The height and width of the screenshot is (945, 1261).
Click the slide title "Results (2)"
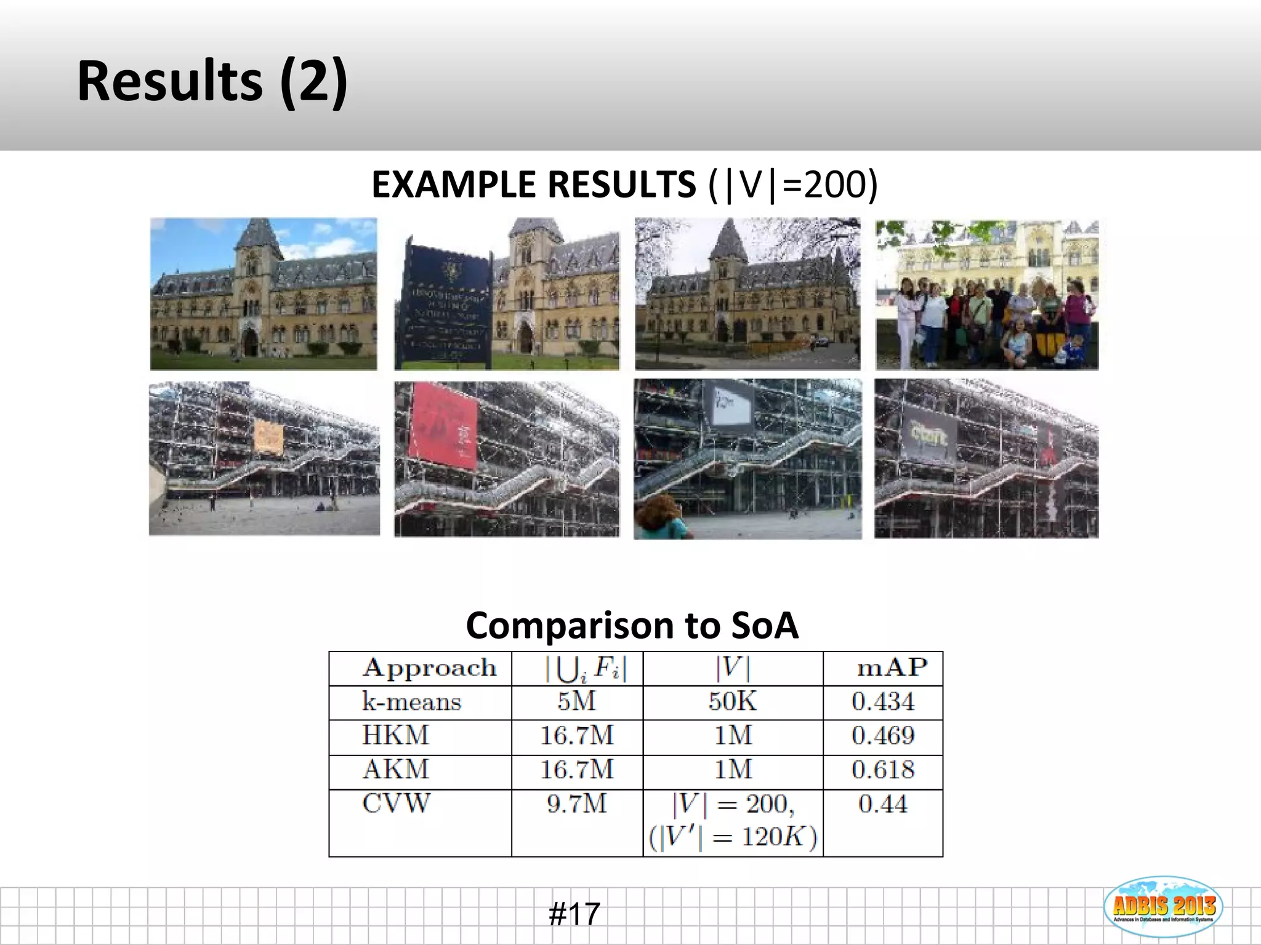(x=212, y=82)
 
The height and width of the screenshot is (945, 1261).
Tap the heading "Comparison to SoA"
(x=632, y=625)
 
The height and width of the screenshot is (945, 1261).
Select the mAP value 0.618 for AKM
(x=883, y=770)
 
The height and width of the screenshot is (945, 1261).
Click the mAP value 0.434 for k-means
(x=883, y=701)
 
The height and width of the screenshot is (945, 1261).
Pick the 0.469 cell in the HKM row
(x=883, y=736)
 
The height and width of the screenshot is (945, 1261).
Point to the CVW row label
(x=396, y=803)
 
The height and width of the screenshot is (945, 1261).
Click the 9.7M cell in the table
(x=577, y=803)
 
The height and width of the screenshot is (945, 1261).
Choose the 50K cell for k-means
(x=733, y=701)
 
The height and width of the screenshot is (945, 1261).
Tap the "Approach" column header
(x=429, y=668)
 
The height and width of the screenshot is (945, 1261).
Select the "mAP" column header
(x=892, y=668)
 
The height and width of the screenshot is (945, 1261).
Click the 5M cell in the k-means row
(x=577, y=701)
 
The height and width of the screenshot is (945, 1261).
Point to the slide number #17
(x=574, y=914)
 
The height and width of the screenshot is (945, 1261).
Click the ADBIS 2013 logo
(x=1162, y=907)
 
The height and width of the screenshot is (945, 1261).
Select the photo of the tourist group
(x=987, y=295)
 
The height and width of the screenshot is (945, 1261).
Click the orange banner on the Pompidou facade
(x=268, y=436)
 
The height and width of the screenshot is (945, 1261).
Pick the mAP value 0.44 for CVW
(x=883, y=804)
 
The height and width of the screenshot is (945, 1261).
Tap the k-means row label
(x=411, y=702)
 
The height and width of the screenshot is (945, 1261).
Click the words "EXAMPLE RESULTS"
(x=533, y=185)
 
